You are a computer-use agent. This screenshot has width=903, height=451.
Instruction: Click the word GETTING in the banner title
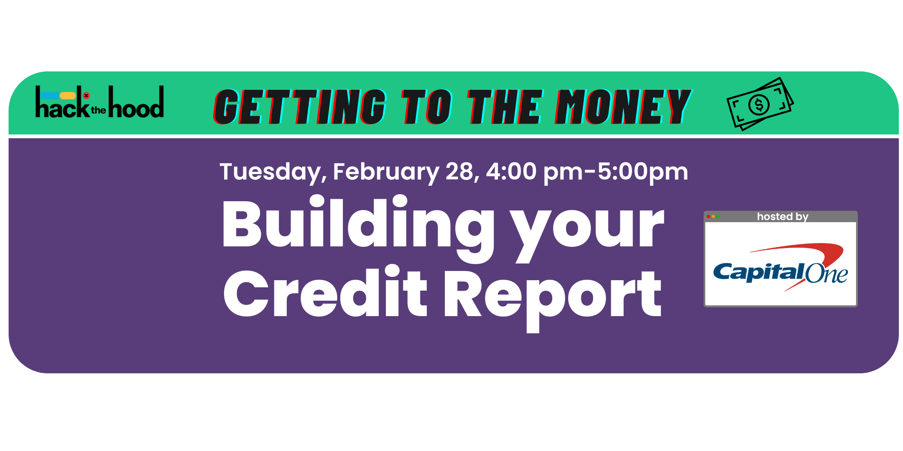[300, 107]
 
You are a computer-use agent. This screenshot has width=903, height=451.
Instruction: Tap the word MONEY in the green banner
[623, 107]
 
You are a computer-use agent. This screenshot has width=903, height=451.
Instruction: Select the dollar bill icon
[760, 104]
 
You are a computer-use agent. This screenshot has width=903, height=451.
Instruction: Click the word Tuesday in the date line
[273, 172]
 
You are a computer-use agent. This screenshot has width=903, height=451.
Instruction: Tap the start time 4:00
[511, 171]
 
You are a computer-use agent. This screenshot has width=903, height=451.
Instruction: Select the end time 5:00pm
[643, 172]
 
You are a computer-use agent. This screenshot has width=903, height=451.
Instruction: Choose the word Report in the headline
[552, 297]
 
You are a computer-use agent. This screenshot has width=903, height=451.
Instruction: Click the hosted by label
[783, 216]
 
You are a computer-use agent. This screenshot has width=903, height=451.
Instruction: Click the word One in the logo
[826, 274]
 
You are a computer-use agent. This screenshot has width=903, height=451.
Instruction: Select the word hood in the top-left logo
[136, 102]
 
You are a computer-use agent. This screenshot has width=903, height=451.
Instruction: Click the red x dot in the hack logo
[86, 95]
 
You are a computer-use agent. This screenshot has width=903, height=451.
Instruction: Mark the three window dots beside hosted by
[713, 216]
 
